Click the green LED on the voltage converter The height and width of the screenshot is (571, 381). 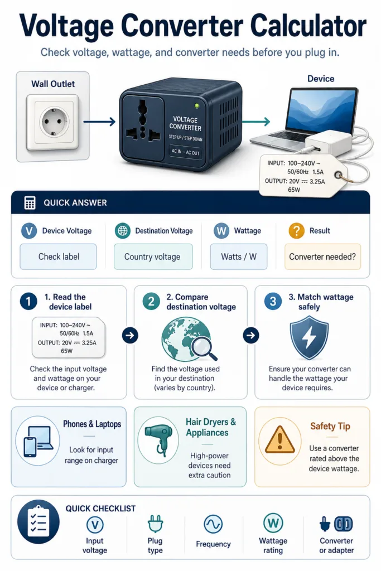197,105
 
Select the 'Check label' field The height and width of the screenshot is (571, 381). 58,257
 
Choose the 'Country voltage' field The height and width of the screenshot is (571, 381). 153,257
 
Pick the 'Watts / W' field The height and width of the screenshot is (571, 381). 239,257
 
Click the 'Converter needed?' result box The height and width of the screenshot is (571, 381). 322,257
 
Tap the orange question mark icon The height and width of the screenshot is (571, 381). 297,230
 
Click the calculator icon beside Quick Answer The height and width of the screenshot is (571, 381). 30,203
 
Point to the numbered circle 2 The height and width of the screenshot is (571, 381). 151,302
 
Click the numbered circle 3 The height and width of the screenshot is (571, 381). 273,302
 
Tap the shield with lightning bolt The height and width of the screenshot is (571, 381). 309,337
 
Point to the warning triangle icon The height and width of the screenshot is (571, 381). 279,439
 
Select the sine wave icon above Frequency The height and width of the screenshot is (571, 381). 213,524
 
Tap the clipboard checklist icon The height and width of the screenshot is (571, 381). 38,521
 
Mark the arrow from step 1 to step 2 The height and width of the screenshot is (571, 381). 130,335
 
